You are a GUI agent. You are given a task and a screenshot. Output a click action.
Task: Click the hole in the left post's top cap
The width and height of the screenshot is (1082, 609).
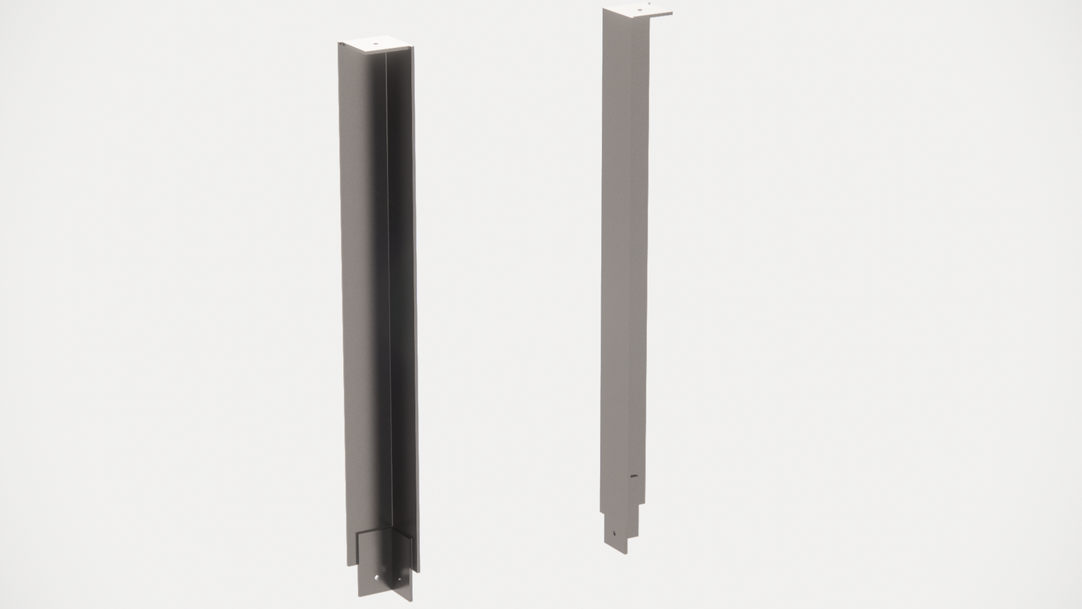click(376, 44)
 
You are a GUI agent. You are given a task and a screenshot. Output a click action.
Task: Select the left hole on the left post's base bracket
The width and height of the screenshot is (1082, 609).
click(376, 577)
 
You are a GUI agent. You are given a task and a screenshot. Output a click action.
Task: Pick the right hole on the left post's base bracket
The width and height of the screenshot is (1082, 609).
click(398, 579)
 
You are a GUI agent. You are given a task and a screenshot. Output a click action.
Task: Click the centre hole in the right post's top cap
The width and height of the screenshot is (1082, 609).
click(639, 10)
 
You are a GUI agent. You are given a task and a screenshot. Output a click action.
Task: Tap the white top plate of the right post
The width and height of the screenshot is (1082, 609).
click(636, 10)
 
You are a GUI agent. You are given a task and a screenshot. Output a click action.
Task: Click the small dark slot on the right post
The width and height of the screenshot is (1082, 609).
click(634, 476)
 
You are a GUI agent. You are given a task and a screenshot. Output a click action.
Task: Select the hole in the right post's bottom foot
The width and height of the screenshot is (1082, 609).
click(616, 533)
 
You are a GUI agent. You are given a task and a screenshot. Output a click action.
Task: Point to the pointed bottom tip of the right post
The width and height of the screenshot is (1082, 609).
click(625, 554)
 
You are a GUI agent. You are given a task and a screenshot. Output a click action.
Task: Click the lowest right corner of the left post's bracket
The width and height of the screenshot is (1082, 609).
click(411, 600)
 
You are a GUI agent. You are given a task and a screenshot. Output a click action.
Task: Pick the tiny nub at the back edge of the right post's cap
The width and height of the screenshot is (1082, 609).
click(649, 4)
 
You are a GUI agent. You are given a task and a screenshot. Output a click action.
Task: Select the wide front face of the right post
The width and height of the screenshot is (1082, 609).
click(623, 262)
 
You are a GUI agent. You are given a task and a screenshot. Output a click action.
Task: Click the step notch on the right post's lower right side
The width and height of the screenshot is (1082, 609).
click(641, 506)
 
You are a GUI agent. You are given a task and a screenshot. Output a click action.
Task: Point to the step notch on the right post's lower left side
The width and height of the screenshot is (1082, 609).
click(603, 513)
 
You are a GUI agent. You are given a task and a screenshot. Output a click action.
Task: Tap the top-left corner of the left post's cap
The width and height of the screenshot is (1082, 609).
click(339, 43)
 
